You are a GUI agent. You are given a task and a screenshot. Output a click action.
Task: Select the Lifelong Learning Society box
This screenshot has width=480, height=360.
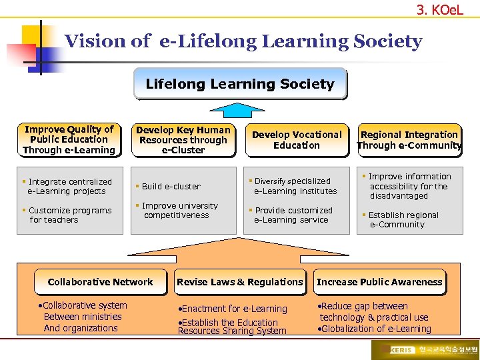(x=240, y=84)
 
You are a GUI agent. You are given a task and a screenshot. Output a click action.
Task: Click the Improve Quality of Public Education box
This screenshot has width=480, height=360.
(x=69, y=140)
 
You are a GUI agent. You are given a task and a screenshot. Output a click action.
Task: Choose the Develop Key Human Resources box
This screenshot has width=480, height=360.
(x=183, y=140)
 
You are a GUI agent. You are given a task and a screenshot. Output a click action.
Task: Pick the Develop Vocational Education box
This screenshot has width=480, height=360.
(x=297, y=140)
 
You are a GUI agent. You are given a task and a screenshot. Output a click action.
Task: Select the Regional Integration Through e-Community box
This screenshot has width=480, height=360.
(x=409, y=140)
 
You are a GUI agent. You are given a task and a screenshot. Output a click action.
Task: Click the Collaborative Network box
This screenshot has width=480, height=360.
(x=101, y=282)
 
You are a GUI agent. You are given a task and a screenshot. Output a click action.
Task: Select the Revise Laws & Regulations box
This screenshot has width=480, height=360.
(x=240, y=282)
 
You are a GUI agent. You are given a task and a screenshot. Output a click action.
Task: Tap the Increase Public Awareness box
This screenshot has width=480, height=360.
(x=379, y=282)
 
